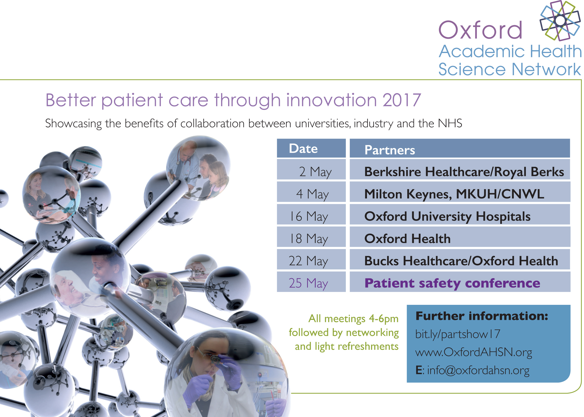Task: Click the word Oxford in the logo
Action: (480, 30)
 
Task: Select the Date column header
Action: (311, 148)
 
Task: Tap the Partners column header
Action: (460, 148)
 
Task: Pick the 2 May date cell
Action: (311, 170)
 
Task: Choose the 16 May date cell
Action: (311, 214)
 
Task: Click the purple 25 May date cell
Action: (311, 282)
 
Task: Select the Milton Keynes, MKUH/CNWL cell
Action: (460, 192)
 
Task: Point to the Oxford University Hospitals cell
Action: (460, 214)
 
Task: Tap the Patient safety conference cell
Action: (460, 282)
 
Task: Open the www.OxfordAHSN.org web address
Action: (474, 352)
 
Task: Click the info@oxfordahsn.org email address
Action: (478, 370)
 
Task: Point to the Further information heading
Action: (482, 316)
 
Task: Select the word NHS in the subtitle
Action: (450, 123)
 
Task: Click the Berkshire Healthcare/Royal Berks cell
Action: (460, 170)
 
